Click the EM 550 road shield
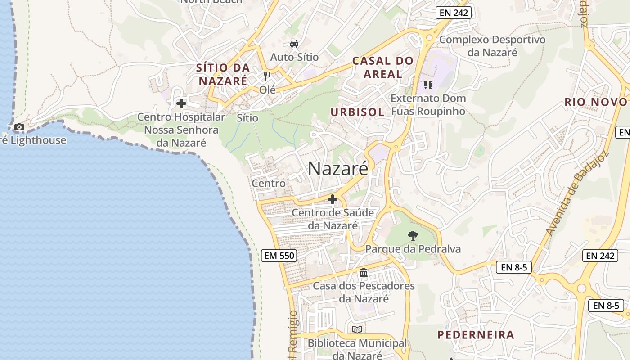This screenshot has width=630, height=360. pyautogui.click(x=279, y=256)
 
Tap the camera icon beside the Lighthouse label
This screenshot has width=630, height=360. pyautogui.click(x=19, y=127)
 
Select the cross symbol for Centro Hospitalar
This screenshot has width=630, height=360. pyautogui.click(x=181, y=103)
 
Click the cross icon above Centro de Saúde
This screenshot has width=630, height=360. pyautogui.click(x=333, y=199)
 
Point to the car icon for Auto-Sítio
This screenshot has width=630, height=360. pyautogui.click(x=294, y=44)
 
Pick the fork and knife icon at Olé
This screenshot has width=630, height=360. pyautogui.click(x=267, y=76)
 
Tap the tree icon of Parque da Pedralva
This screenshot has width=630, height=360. pyautogui.click(x=413, y=235)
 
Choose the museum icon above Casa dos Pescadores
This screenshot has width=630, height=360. pyautogui.click(x=364, y=272)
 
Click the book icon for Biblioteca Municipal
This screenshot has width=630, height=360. pyautogui.click(x=357, y=329)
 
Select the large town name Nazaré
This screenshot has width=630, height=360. pyautogui.click(x=338, y=168)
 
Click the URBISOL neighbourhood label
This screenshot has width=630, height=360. pyautogui.click(x=357, y=112)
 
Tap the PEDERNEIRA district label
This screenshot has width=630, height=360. pyautogui.click(x=476, y=335)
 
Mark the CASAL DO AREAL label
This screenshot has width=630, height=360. pyautogui.click(x=382, y=67)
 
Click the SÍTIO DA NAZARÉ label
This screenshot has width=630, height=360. pyautogui.click(x=223, y=74)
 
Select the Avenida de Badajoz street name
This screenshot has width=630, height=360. pyautogui.click(x=577, y=193)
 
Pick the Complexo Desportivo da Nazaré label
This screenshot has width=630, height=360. pyautogui.click(x=492, y=46)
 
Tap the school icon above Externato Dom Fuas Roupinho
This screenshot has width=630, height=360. pyautogui.click(x=428, y=85)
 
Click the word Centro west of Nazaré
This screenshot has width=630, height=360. pyautogui.click(x=268, y=183)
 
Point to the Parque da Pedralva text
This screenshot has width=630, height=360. pyautogui.click(x=413, y=249)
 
